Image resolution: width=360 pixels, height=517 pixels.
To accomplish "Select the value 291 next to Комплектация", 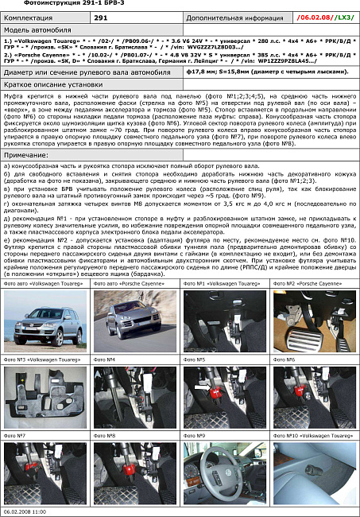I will coord(101,17).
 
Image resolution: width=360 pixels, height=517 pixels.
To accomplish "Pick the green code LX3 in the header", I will coord(345,17).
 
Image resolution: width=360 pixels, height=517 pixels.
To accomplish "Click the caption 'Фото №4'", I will coord(106,360).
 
